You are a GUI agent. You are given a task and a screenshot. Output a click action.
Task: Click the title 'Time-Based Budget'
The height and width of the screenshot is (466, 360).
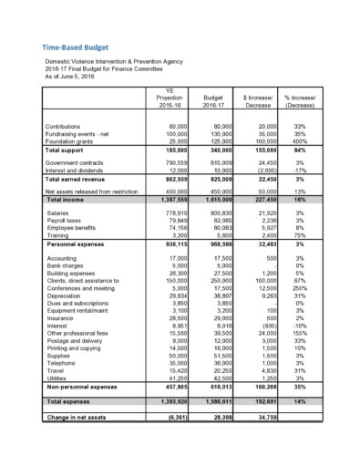[x=74, y=47]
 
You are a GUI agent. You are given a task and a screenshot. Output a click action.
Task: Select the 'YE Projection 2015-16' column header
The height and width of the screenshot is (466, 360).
[x=165, y=94]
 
